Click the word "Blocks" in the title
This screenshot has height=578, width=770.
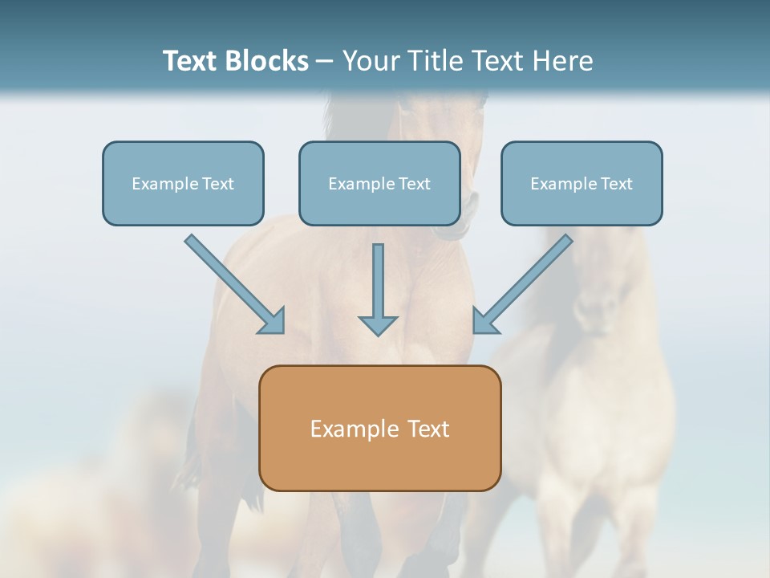pos(269,61)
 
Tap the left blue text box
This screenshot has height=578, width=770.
pos(183,183)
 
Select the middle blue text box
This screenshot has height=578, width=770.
pos(379,183)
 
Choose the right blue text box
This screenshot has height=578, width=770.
pos(582,183)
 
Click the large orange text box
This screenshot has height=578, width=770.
pos(379,428)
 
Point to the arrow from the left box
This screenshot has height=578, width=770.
pos(233,282)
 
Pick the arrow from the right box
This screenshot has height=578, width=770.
pos(525,282)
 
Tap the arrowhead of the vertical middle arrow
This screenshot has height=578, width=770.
pos(378,324)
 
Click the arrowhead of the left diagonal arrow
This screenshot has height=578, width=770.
pos(272,320)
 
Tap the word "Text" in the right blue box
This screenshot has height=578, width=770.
pos(616,184)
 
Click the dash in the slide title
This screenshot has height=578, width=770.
pos(325,62)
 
